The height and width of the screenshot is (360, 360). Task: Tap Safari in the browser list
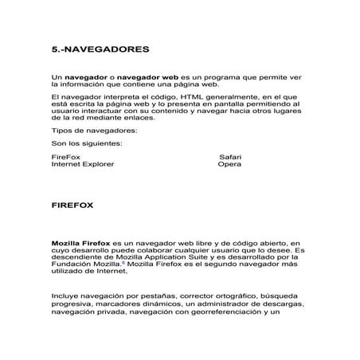coord(229,157)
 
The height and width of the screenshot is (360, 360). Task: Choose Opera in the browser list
coord(229,164)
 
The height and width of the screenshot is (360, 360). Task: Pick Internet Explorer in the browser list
coord(82,164)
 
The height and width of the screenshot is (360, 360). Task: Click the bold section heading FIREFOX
coord(72,205)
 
